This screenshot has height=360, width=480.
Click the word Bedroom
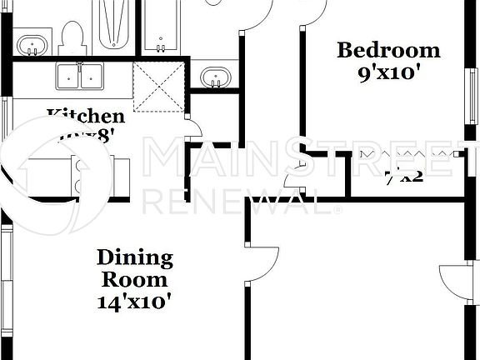387,51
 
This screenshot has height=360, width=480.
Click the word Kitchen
85,117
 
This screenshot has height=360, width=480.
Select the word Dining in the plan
134,257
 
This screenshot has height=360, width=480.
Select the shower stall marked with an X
162,84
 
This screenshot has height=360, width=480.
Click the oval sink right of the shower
216,78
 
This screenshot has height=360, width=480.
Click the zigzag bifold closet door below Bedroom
403,155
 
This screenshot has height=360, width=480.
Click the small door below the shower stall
194,129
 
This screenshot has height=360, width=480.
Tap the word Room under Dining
134,278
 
